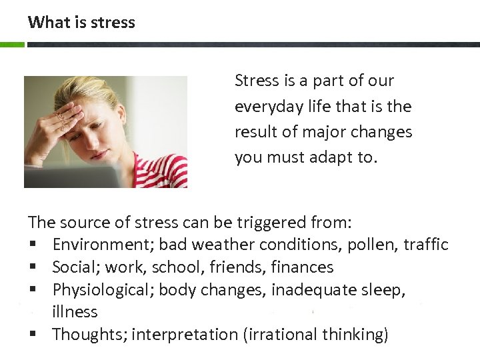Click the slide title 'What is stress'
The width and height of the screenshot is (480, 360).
tap(81, 22)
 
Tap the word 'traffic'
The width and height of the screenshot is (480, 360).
tap(425, 245)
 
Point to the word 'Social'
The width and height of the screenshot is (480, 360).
tap(75, 267)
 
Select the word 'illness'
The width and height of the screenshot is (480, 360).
tap(75, 311)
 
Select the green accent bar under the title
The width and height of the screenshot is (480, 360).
tap(12, 45)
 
